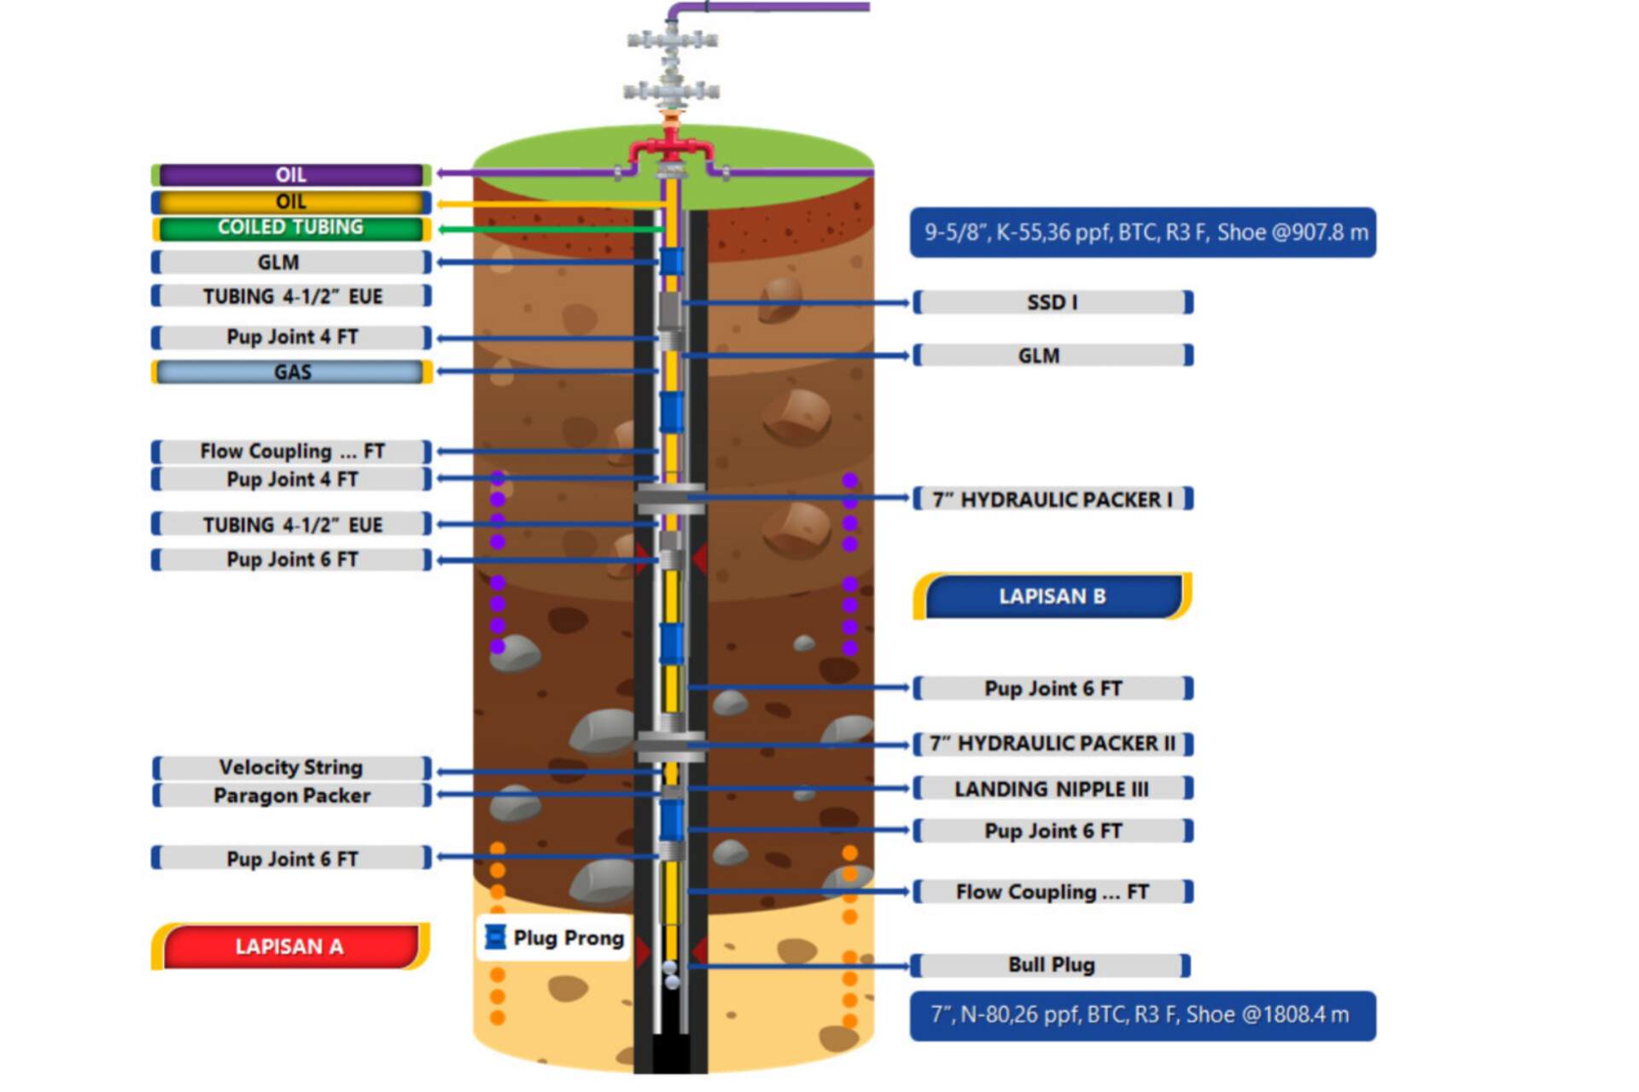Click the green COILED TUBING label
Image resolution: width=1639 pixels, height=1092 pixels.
290,228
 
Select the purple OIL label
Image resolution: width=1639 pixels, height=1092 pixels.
290,175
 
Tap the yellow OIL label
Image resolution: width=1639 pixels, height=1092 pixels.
290,201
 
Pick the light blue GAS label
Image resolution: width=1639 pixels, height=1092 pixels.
291,372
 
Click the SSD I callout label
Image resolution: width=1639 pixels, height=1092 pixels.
1052,302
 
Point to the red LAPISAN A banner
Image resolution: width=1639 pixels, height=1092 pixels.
289,946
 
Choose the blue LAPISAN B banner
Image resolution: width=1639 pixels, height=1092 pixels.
1052,596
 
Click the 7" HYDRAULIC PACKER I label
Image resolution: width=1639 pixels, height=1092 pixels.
1052,499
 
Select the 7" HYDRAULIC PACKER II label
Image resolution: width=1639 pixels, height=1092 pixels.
1052,744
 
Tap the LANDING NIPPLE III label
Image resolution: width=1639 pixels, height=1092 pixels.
1052,789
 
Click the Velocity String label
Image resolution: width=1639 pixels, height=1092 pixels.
290,767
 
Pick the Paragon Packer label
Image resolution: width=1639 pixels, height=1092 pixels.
291,795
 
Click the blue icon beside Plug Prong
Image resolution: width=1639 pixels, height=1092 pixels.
494,937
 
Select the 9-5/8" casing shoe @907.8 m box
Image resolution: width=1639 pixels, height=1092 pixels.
1142,232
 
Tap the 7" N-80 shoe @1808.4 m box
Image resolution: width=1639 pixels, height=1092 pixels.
1142,1015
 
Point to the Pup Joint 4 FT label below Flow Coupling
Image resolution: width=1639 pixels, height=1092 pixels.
291,479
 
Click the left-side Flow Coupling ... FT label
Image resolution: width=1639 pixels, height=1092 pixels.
291,451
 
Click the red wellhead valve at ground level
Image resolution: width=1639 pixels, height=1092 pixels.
672,145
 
